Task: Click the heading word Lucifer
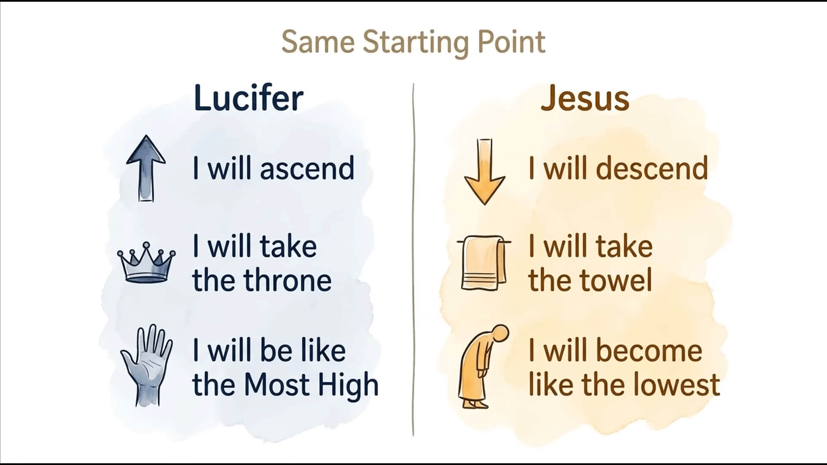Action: [249, 98]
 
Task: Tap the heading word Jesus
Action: [585, 98]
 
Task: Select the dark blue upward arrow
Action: [146, 168]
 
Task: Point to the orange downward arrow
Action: [485, 171]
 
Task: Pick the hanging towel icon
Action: [484, 263]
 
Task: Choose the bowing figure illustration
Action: [482, 366]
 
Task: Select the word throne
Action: [288, 280]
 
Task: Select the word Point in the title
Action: [511, 42]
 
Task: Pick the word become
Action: [649, 350]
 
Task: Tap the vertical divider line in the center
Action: [413, 260]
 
